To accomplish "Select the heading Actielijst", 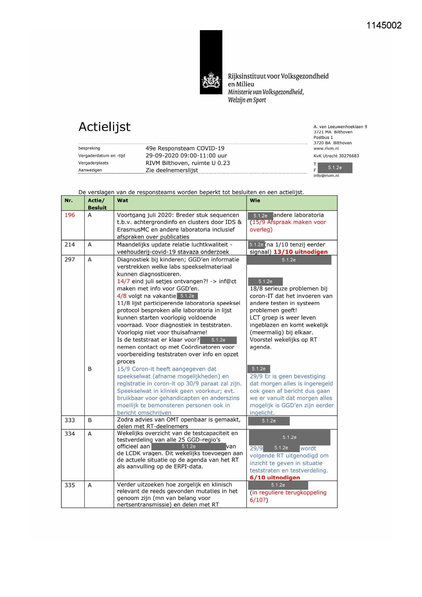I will pos(104,127).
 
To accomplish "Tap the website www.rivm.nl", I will pos(326,148).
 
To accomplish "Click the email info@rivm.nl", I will pos(326,175).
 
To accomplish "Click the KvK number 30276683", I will pos(347,156).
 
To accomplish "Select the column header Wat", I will pos(122,200).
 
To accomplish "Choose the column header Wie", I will pos(255,200).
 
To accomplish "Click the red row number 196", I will pos(70,215).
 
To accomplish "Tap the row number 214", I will pos(70,244).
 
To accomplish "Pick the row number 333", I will pos(70,420).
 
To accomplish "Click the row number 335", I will pos(70,485).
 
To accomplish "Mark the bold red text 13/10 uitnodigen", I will pos(300,252).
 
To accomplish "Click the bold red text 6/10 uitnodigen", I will pos(275,477).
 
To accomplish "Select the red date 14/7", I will pos(123,281).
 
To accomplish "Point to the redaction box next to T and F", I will pos(335,168).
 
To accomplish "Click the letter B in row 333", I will pos(90,420).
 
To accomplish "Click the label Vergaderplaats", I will pos(93,163).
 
